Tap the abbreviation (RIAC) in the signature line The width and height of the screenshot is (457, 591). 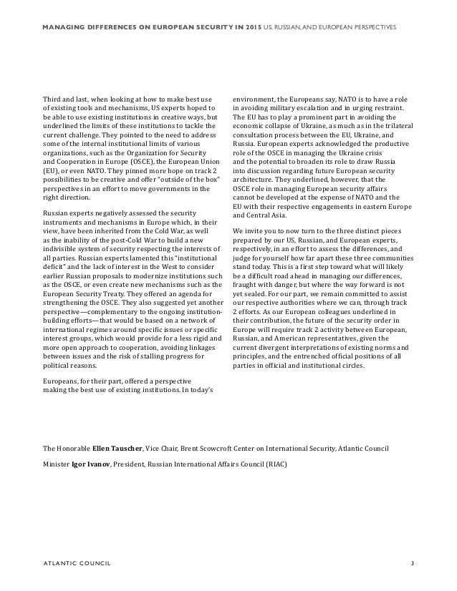point(287,464)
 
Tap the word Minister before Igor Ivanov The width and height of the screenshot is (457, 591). point(57,464)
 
